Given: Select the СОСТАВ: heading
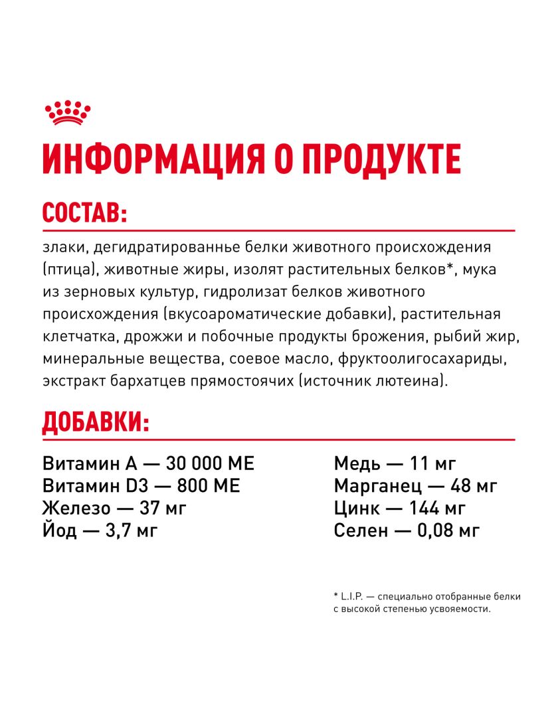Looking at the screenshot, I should pyautogui.click(x=84, y=214).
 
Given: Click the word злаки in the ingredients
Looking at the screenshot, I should pyautogui.click(x=64, y=248).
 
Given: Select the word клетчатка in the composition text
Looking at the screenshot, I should pyautogui.click(x=80, y=337).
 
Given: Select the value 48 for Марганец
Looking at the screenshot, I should pyautogui.click(x=462, y=486).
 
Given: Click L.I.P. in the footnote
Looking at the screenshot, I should pyautogui.click(x=355, y=597).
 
